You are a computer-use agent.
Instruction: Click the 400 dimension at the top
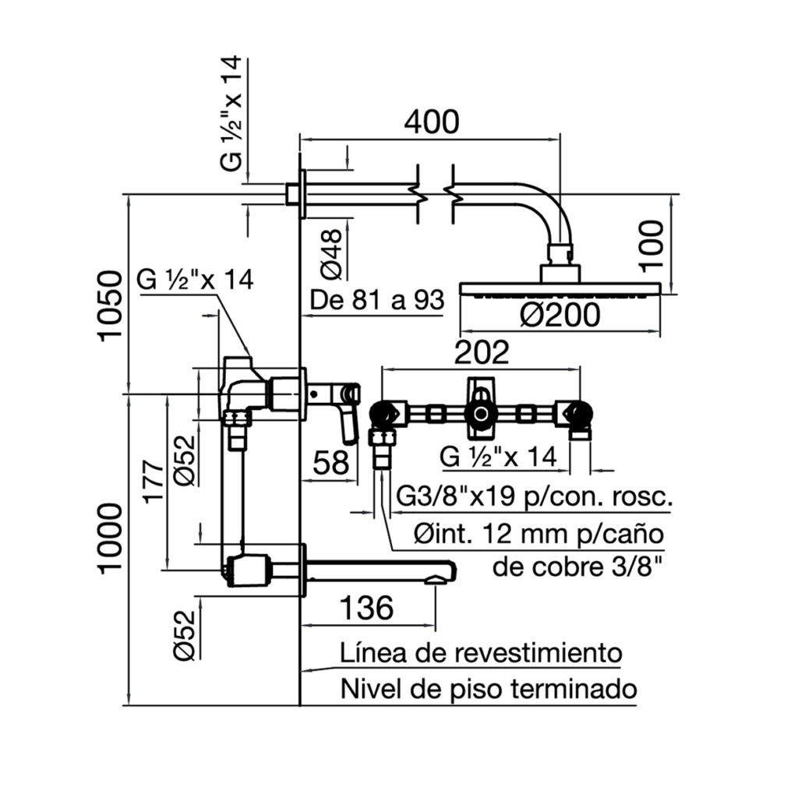coord(430,122)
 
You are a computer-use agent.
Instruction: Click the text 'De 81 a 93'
coord(377,299)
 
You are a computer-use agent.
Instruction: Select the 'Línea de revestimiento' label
coord(481,652)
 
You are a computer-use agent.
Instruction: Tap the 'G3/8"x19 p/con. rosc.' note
coord(535,497)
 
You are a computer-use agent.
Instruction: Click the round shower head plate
coord(561,289)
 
